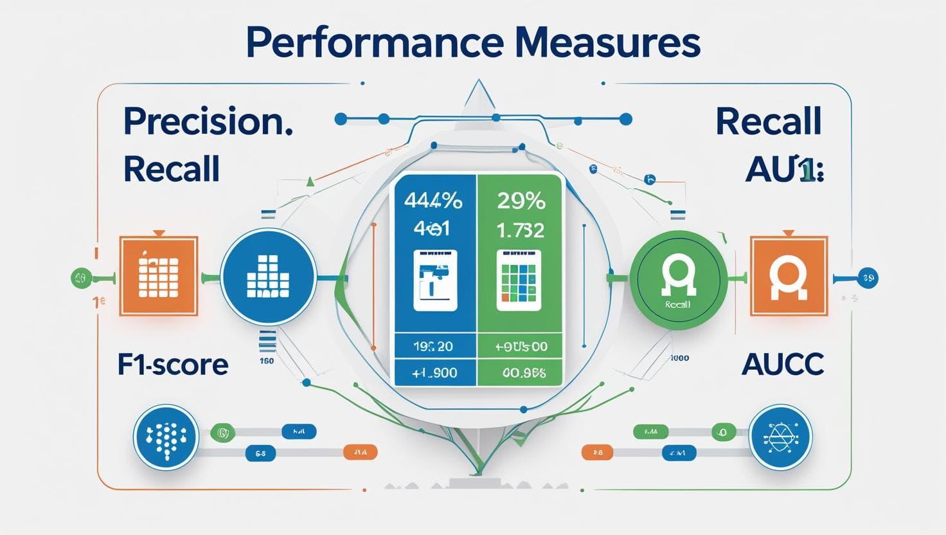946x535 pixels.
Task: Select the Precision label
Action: pos(208,122)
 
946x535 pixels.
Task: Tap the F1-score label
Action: pos(173,365)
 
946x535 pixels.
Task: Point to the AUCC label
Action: pos(782,365)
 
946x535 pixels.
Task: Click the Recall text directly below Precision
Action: pos(171,169)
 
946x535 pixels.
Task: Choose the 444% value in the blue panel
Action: pos(433,201)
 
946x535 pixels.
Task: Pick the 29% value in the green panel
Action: pos(521,201)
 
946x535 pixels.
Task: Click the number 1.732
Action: pos(520,230)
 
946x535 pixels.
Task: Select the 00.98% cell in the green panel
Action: pos(521,372)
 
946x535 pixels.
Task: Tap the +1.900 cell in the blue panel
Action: pos(434,372)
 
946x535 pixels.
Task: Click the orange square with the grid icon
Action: pos(158,276)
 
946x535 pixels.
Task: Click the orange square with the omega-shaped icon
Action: pos(789,277)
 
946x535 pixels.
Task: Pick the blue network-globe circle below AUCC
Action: pos(781,437)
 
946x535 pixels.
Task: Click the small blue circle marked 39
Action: pos(868,278)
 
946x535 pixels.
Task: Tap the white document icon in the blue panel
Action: pos(434,280)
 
